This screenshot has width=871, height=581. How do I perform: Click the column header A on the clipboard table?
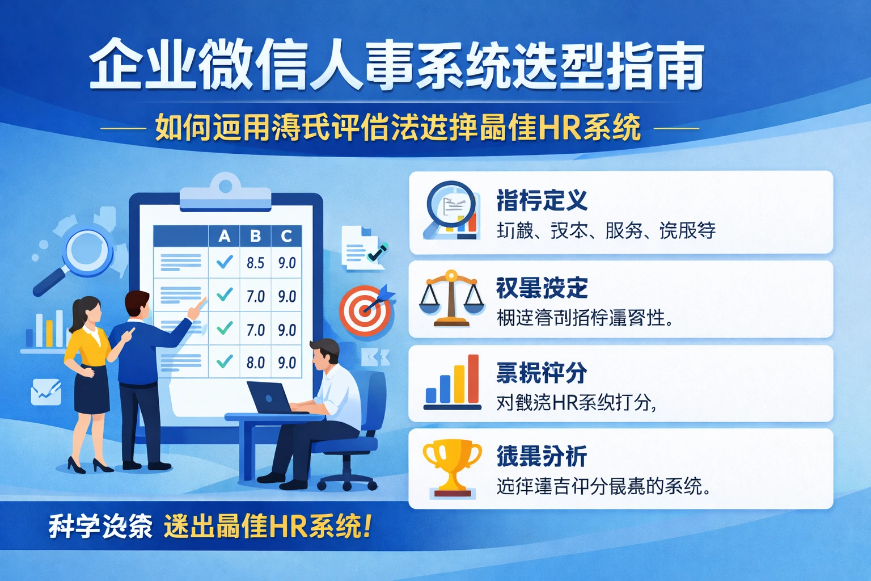point(225,236)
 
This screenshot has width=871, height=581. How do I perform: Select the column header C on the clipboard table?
point(286,236)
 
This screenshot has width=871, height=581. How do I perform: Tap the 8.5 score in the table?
point(255,263)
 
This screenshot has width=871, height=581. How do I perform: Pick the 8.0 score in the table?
point(255,363)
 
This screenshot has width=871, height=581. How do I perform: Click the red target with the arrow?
point(366,310)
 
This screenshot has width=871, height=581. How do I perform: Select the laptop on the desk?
point(271,397)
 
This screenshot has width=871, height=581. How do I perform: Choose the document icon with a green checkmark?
point(363,249)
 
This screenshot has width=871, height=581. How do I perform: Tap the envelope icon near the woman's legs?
point(46,391)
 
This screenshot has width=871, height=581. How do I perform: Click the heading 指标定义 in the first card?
point(542,200)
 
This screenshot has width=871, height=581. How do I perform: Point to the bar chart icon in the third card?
point(452,382)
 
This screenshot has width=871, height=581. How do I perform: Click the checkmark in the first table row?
point(225,262)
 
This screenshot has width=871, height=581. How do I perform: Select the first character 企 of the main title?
point(116,64)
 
